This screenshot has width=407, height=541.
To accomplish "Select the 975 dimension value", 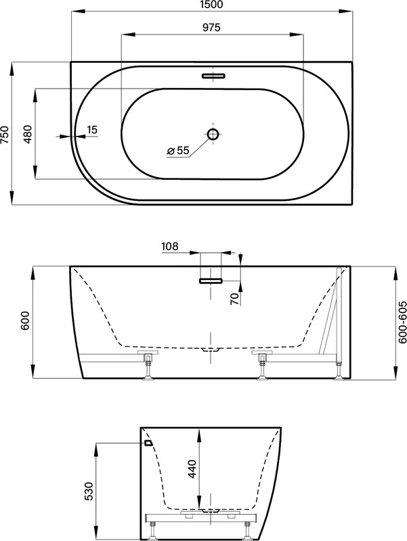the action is (211, 27).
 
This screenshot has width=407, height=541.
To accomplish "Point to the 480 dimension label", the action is (27, 134).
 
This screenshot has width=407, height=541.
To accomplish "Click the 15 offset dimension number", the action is (92, 130).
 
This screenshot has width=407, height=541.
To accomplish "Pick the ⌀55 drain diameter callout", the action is (178, 150).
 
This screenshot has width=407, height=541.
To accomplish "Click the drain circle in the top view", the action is (213, 134).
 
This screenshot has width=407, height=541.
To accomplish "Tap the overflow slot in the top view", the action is (213, 76).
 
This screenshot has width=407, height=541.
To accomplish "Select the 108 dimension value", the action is (170, 246).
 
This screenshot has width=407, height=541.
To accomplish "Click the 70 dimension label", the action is (235, 298).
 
